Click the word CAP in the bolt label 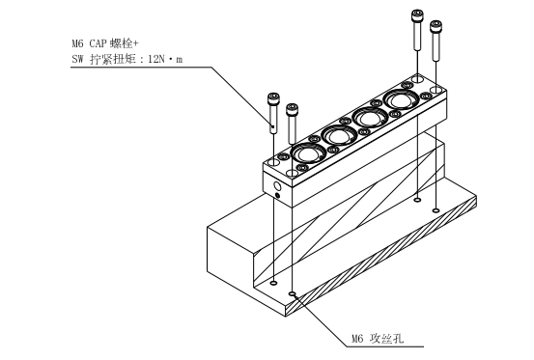(x=98, y=43)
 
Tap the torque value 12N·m (x=165, y=59)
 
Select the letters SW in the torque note (x=77, y=59)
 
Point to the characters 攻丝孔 (x=387, y=338)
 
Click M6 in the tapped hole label (x=357, y=339)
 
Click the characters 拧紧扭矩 (x=113, y=59)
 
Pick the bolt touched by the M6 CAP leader (x=272, y=113)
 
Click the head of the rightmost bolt (x=436, y=26)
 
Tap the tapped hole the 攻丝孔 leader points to (x=292, y=293)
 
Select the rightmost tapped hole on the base (x=436, y=210)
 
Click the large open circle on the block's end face (x=277, y=186)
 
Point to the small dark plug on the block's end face (x=277, y=195)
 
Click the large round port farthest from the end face (x=401, y=99)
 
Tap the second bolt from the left (x=292, y=125)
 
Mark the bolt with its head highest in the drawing (x=417, y=30)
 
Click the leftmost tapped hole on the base (x=273, y=283)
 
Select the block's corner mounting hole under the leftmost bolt (x=273, y=163)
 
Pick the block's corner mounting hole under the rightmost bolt (x=436, y=90)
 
